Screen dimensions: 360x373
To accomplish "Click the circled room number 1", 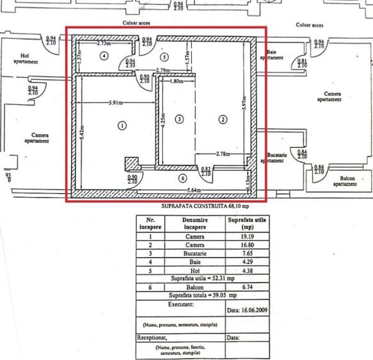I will (122, 126).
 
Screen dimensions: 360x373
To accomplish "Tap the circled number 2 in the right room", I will (223, 119).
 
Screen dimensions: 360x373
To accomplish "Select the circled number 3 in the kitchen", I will (179, 119).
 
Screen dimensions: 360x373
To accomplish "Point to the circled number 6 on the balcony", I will (182, 178).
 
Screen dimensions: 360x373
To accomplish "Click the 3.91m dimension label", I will (115, 102).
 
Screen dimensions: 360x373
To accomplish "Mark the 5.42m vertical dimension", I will (81, 135).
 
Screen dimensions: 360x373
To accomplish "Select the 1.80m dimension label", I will (176, 82).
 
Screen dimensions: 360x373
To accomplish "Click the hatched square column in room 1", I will (131, 164).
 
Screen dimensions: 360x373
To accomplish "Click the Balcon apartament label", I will (344, 181).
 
